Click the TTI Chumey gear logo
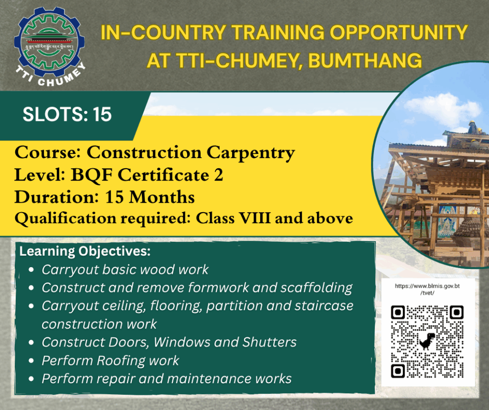click(49, 46)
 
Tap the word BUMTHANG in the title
click(365, 60)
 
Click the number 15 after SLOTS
click(102, 114)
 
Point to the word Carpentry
click(250, 153)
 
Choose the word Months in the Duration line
click(162, 197)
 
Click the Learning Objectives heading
click(85, 251)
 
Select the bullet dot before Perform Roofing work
click(31, 361)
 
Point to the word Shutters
click(269, 342)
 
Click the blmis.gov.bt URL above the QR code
click(427, 289)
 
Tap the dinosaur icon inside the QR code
click(427, 341)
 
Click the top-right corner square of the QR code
click(457, 312)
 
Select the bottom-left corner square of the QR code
click(398, 371)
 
